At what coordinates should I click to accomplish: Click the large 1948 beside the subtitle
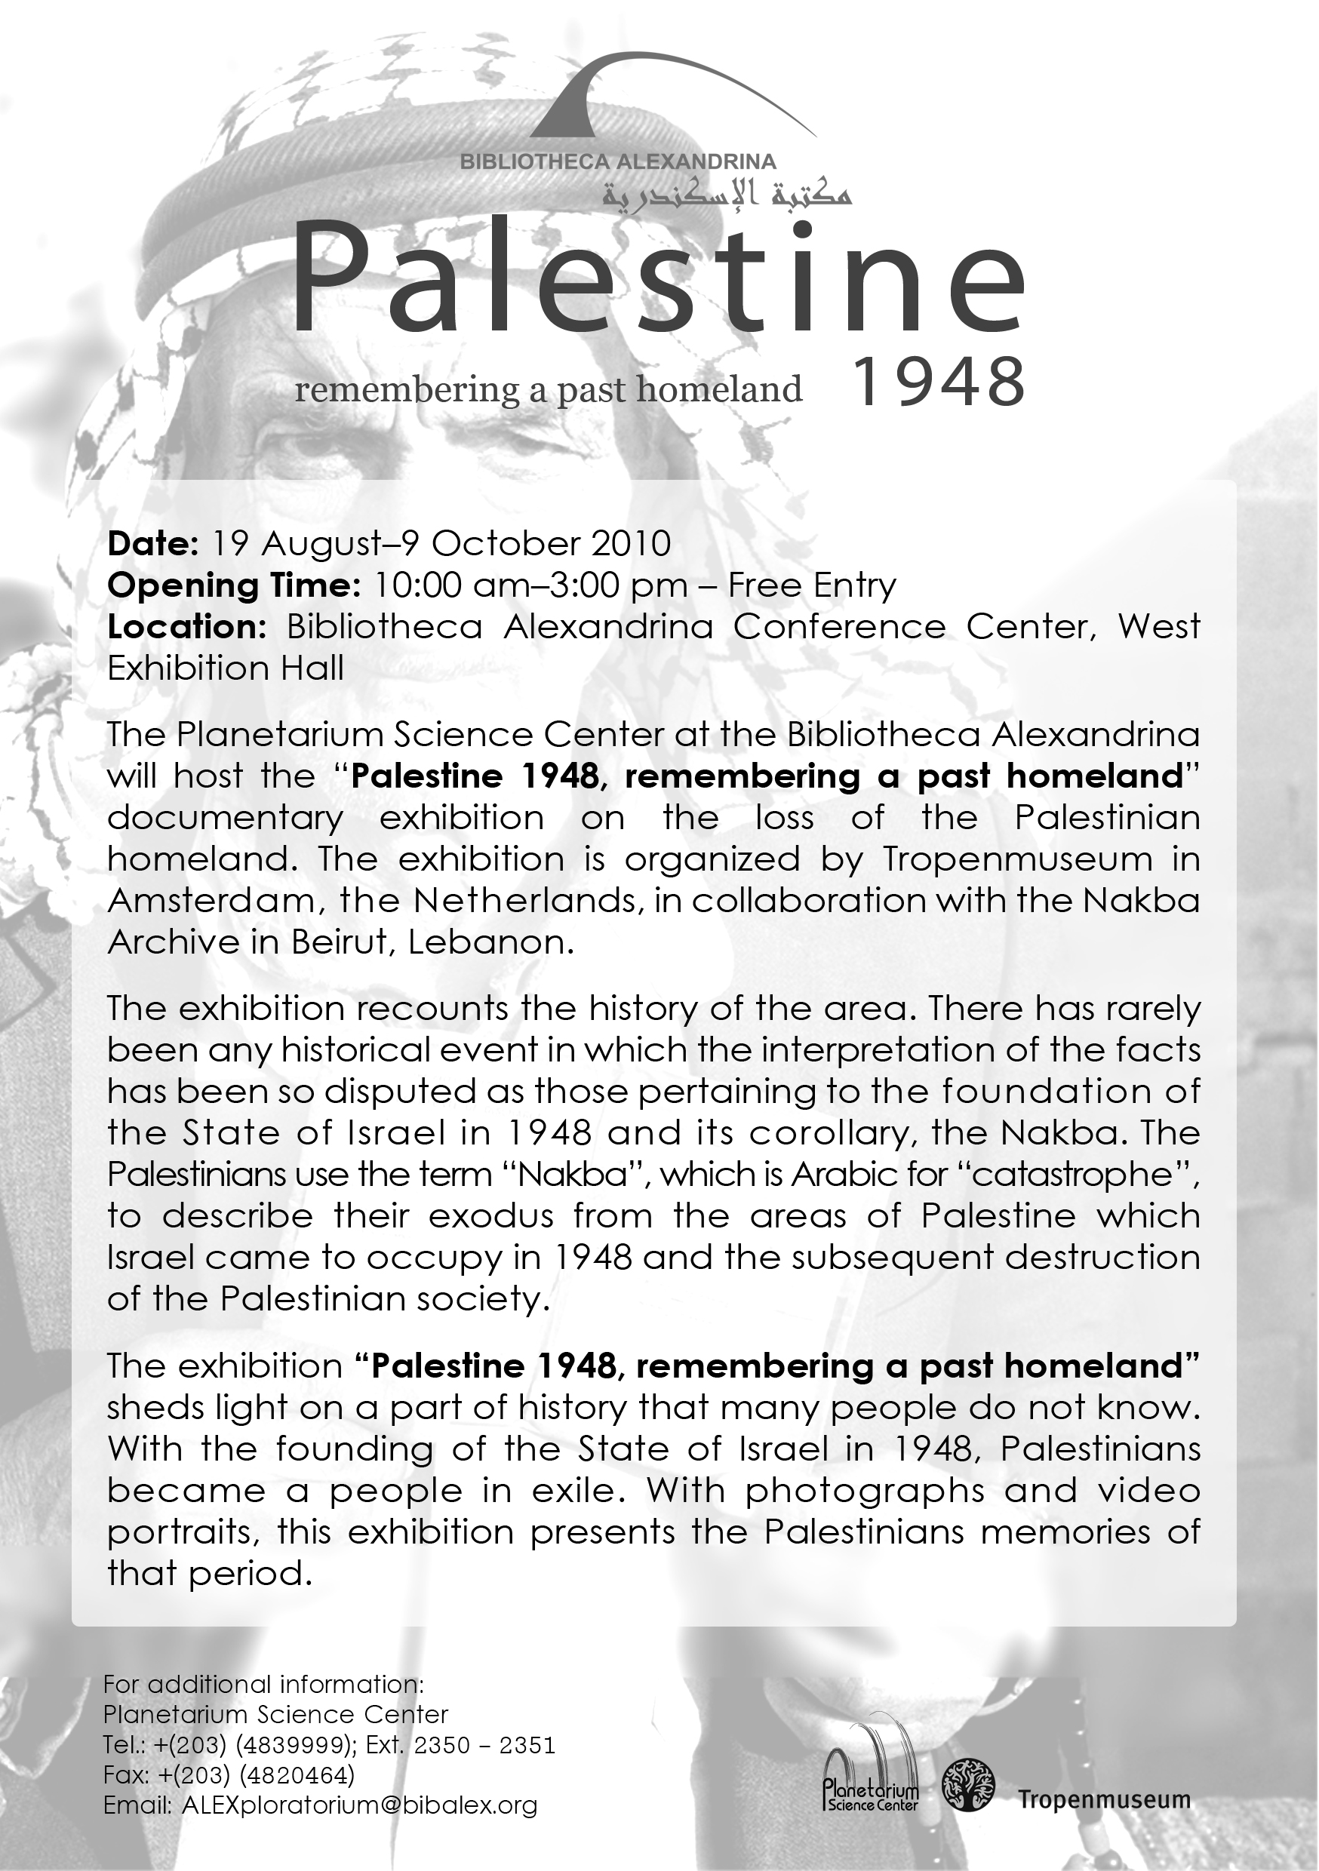point(937,382)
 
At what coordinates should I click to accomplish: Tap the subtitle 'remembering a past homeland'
point(548,389)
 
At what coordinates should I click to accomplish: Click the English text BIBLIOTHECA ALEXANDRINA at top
point(617,161)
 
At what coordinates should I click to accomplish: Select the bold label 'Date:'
point(152,542)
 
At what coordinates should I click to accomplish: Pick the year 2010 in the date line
point(632,542)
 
